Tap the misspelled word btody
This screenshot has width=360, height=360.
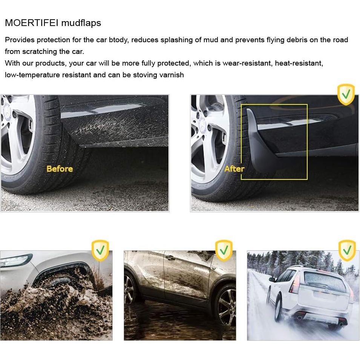119,40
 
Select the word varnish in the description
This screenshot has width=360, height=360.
172,75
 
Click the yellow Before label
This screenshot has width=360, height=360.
60,169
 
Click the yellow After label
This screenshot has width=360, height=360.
234,169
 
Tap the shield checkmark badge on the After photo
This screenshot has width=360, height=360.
346,94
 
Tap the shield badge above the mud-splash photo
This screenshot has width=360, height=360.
100,250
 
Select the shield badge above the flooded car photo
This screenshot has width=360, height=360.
224,250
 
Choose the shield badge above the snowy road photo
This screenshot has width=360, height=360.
347,250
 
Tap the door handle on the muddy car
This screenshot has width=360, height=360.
170,258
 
